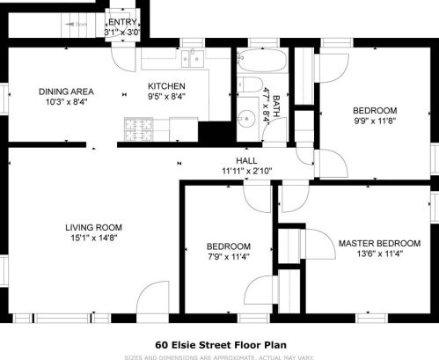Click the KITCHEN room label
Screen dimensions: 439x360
166,86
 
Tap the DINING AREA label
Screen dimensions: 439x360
66,92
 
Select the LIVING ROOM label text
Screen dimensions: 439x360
93,227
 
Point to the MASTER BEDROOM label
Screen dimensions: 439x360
379,243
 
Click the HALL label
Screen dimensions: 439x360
246,160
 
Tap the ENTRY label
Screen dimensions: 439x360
122,22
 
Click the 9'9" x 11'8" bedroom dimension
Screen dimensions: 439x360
375,121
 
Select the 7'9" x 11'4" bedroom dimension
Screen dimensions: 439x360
229,257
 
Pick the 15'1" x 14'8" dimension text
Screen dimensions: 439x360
94,238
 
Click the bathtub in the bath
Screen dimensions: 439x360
262,61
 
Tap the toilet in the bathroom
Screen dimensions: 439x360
250,84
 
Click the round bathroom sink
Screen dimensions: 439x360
246,119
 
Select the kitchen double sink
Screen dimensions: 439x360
193,59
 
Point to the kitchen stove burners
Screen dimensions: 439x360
139,129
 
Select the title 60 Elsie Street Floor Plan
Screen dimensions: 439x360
221,345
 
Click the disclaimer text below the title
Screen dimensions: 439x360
219,357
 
